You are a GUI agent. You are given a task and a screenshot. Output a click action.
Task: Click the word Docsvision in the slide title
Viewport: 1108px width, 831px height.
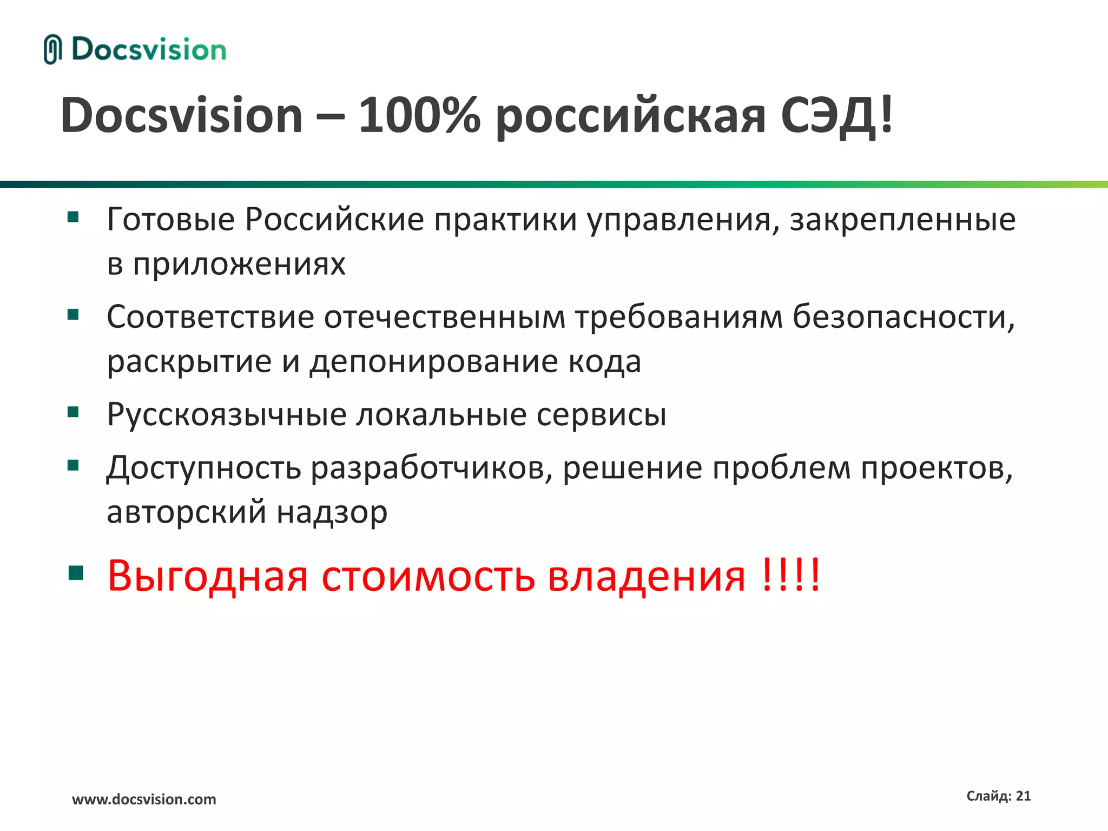pyautogui.click(x=181, y=115)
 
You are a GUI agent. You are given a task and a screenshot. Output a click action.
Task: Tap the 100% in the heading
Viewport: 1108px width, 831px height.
pyautogui.click(x=419, y=115)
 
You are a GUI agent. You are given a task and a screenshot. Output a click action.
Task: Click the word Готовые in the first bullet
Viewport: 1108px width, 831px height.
pyautogui.click(x=171, y=220)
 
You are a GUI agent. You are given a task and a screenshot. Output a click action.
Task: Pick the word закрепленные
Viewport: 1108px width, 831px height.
pyautogui.click(x=902, y=221)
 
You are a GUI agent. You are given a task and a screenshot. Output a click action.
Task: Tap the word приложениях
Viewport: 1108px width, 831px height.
pyautogui.click(x=239, y=265)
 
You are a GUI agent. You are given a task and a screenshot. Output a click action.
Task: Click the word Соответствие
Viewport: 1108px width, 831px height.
pyautogui.click(x=210, y=317)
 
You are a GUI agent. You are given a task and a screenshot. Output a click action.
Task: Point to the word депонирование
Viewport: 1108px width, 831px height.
pyautogui.click(x=433, y=362)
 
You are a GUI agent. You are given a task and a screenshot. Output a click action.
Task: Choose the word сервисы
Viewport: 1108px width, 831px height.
pyautogui.click(x=601, y=415)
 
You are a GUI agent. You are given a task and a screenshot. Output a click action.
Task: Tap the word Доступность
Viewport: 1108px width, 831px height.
pyautogui.click(x=203, y=468)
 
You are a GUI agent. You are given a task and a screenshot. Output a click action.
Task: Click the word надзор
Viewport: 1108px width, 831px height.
pyautogui.click(x=332, y=512)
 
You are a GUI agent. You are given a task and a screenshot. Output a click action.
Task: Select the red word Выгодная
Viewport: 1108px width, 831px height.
pyautogui.click(x=208, y=576)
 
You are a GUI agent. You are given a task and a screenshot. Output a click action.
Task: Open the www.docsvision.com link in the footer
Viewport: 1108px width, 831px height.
pyautogui.click(x=144, y=799)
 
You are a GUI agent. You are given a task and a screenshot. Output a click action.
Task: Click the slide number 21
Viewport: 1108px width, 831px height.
pyautogui.click(x=1023, y=796)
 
